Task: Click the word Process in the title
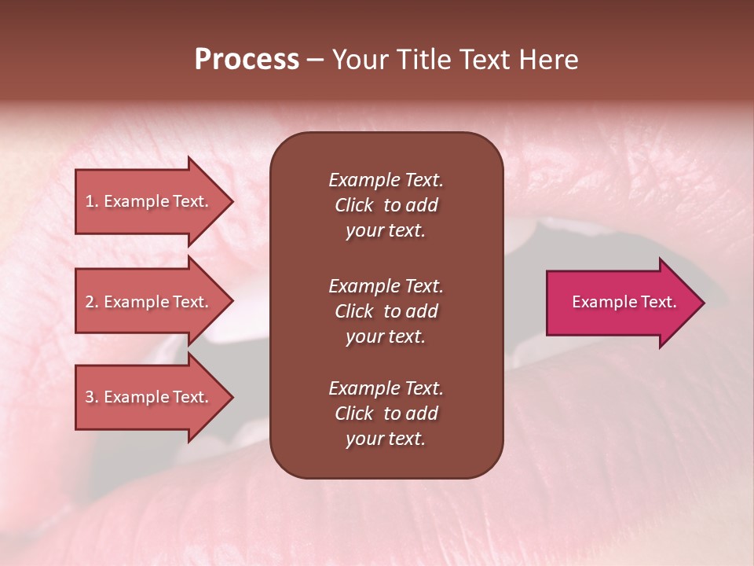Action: pyautogui.click(x=247, y=60)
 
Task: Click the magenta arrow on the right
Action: pyautogui.click(x=620, y=303)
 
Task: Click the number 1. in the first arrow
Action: pyautogui.click(x=92, y=201)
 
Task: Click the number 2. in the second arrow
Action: pyautogui.click(x=92, y=302)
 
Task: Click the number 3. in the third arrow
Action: pyautogui.click(x=92, y=397)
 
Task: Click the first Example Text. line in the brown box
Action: pyautogui.click(x=386, y=180)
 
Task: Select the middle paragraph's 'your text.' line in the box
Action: pyautogui.click(x=386, y=336)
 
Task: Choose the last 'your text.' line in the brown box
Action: pyautogui.click(x=386, y=439)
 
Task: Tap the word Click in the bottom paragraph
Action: pyautogui.click(x=353, y=413)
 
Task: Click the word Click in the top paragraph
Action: pyautogui.click(x=353, y=205)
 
